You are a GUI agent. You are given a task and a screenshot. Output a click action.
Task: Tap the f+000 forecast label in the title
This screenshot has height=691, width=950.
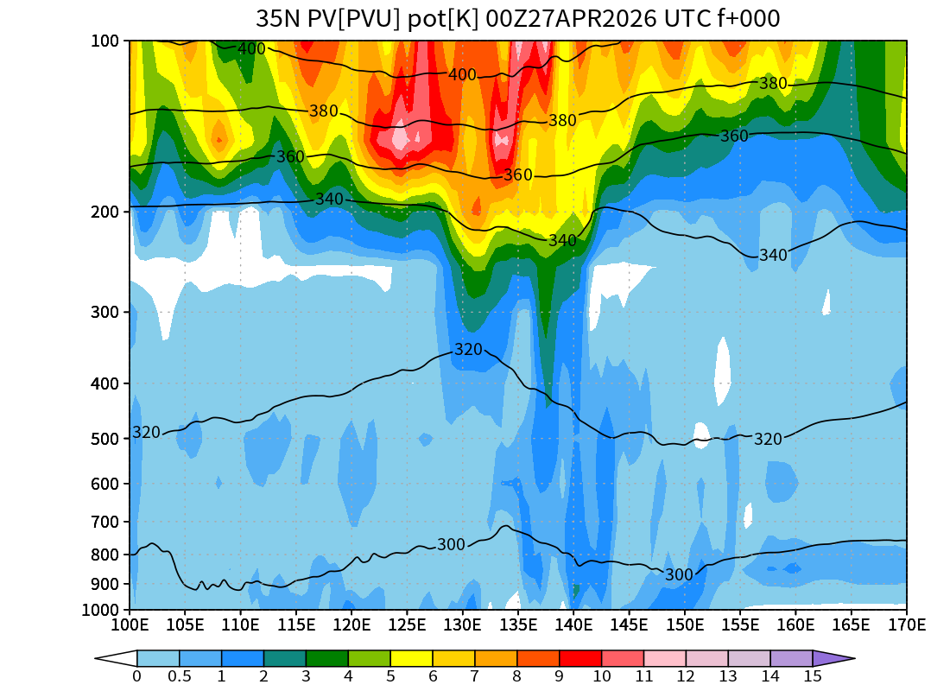click(748, 19)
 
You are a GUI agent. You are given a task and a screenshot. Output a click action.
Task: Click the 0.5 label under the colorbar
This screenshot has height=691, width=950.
click(180, 676)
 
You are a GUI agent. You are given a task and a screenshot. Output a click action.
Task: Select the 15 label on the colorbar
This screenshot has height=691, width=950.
click(813, 676)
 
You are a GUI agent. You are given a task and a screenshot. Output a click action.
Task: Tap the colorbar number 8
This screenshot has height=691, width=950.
click(517, 676)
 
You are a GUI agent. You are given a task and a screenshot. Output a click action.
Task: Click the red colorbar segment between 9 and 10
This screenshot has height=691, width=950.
click(580, 658)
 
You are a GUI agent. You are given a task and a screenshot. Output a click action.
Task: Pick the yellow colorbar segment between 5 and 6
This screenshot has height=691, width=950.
click(412, 658)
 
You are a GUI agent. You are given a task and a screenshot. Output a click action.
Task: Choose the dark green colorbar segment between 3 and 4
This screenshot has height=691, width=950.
click(327, 658)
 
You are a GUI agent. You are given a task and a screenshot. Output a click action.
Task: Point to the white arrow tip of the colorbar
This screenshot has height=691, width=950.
click(113, 658)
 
